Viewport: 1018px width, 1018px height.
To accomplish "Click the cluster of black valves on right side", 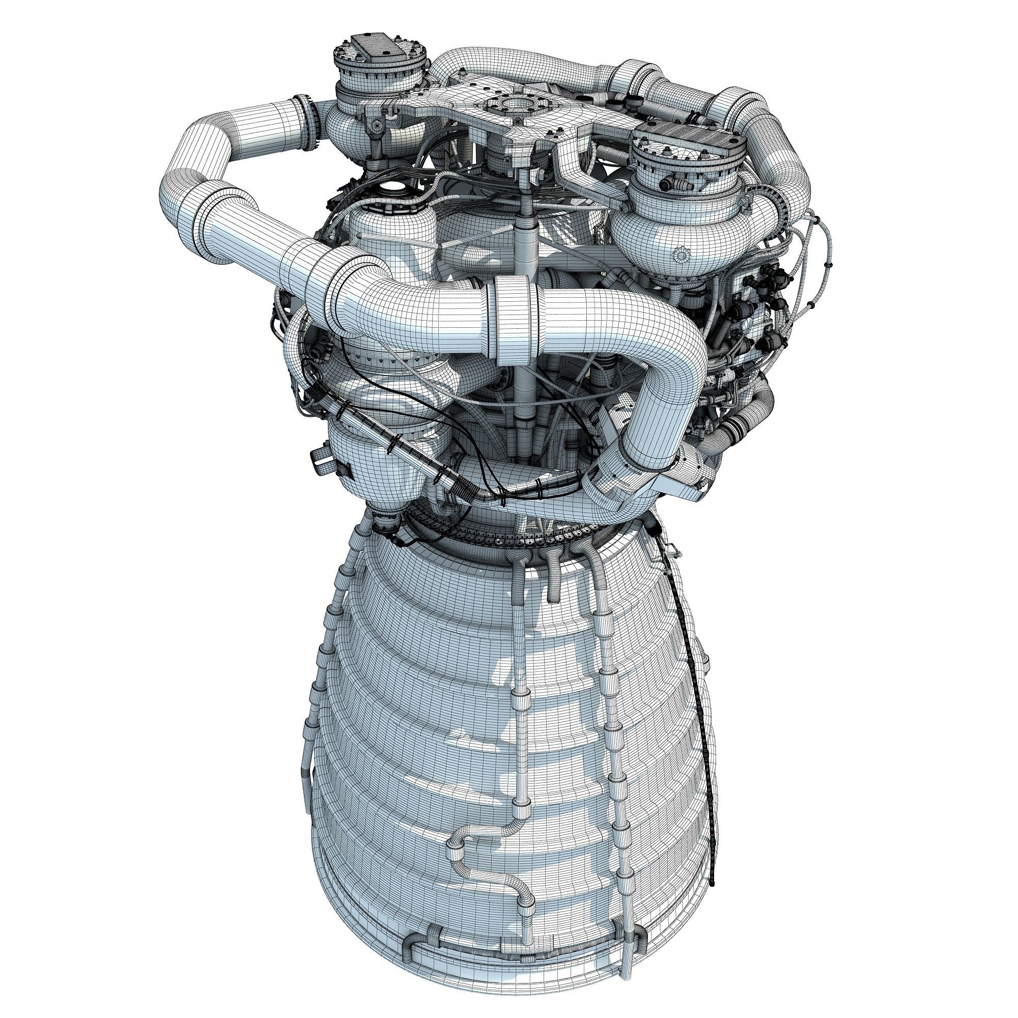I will [764, 300].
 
